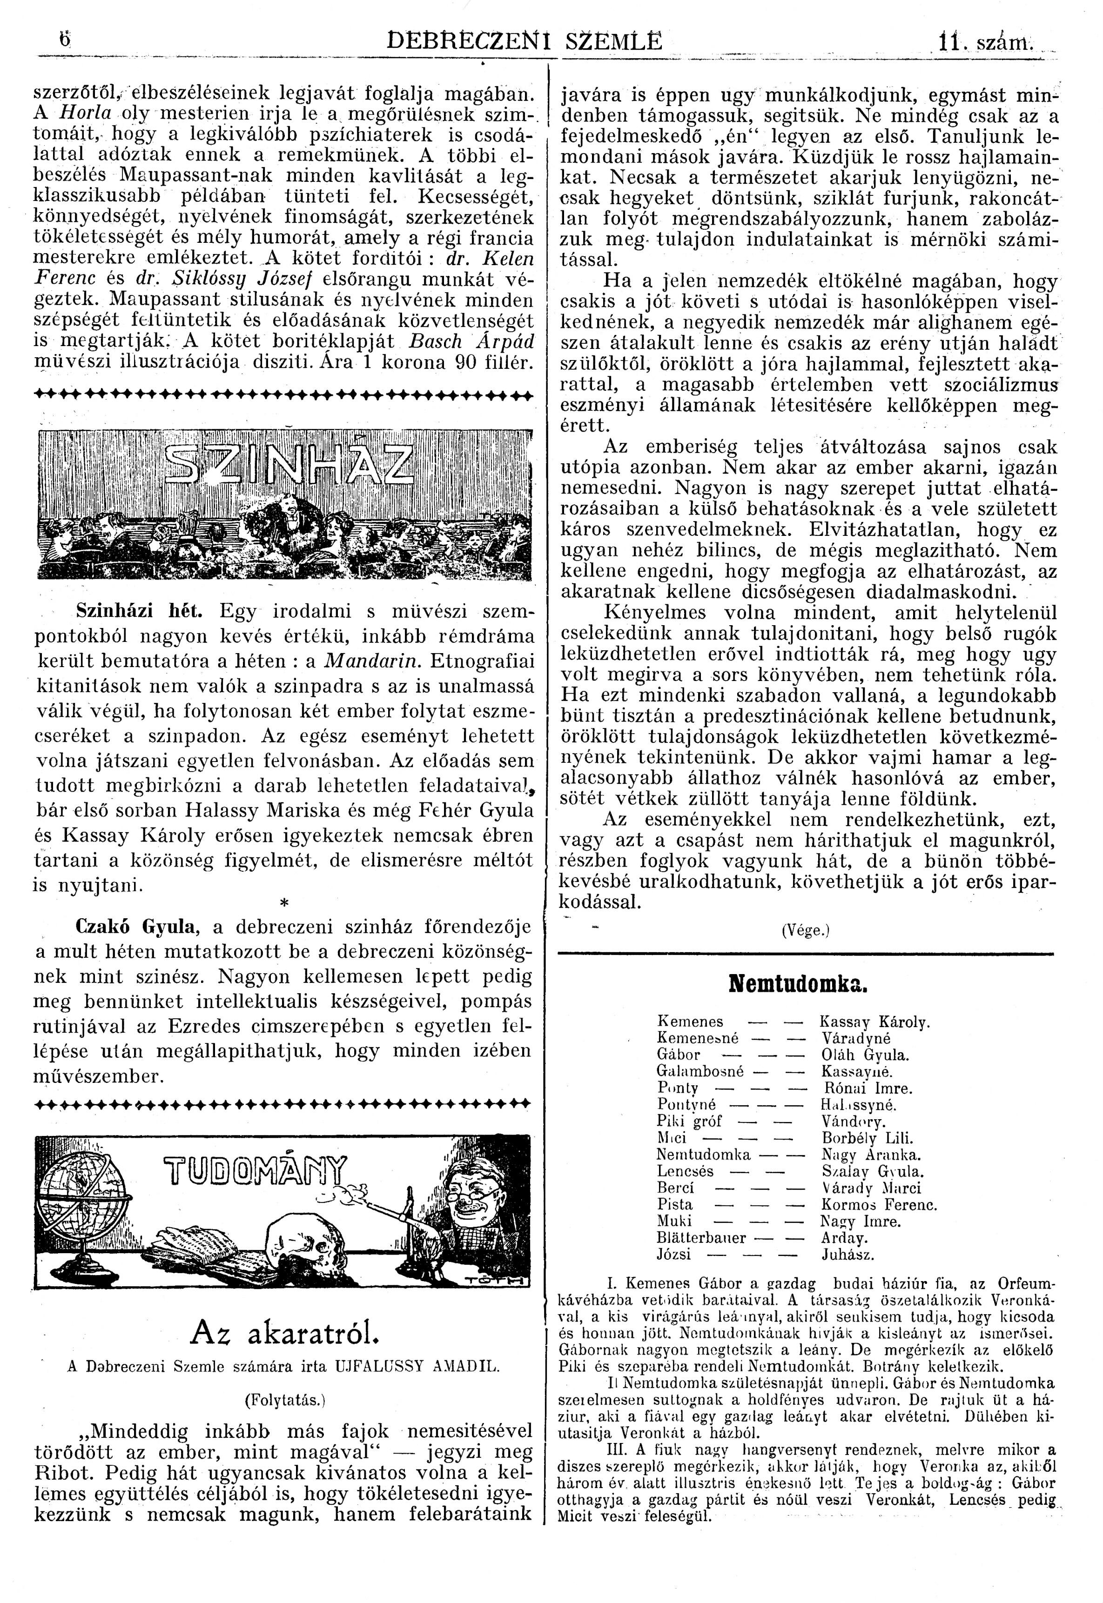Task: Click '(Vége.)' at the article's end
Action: [x=805, y=930]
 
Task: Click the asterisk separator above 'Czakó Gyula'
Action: [x=285, y=903]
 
